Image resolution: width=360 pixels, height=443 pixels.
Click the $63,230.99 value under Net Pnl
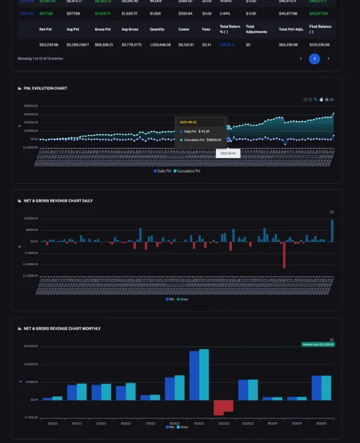click(49, 45)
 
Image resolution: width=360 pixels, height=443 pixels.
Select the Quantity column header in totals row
click(157, 29)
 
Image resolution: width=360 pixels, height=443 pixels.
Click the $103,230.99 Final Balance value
click(319, 45)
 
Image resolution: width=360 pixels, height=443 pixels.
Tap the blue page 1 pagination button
click(314, 59)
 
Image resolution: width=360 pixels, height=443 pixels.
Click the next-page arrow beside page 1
click(328, 59)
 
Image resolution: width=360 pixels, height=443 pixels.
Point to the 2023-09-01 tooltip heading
click(188, 122)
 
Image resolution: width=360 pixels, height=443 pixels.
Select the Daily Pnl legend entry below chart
click(163, 171)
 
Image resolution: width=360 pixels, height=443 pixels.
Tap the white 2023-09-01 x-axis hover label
click(228, 153)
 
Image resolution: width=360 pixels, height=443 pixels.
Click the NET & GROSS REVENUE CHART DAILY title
click(58, 200)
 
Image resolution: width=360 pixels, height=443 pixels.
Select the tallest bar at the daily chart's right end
click(332, 230)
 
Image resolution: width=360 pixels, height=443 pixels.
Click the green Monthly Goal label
click(318, 344)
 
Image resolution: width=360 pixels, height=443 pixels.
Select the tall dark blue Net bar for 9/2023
click(194, 375)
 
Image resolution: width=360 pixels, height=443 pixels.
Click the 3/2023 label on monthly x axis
click(52, 423)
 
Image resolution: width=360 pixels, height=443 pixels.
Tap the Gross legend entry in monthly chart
click(184, 427)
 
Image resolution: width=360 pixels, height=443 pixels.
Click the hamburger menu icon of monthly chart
click(332, 340)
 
